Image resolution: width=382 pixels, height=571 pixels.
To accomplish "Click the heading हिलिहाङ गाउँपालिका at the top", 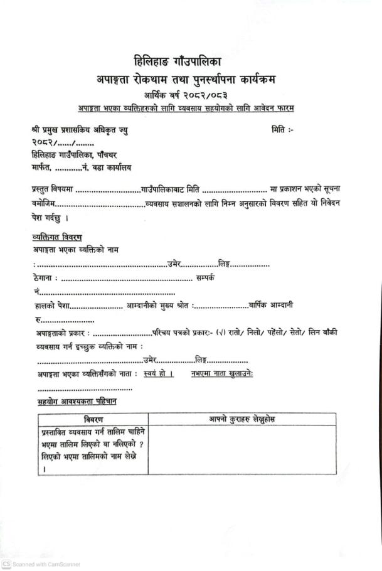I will click(x=178, y=62).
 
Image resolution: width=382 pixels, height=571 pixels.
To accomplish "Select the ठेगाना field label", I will click(x=45, y=277).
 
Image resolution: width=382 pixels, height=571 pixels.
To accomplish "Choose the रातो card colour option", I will click(x=240, y=332).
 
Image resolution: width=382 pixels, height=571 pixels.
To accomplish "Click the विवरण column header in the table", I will click(x=93, y=419).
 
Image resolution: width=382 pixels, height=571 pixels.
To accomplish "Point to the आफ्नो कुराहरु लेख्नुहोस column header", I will click(x=241, y=419).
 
